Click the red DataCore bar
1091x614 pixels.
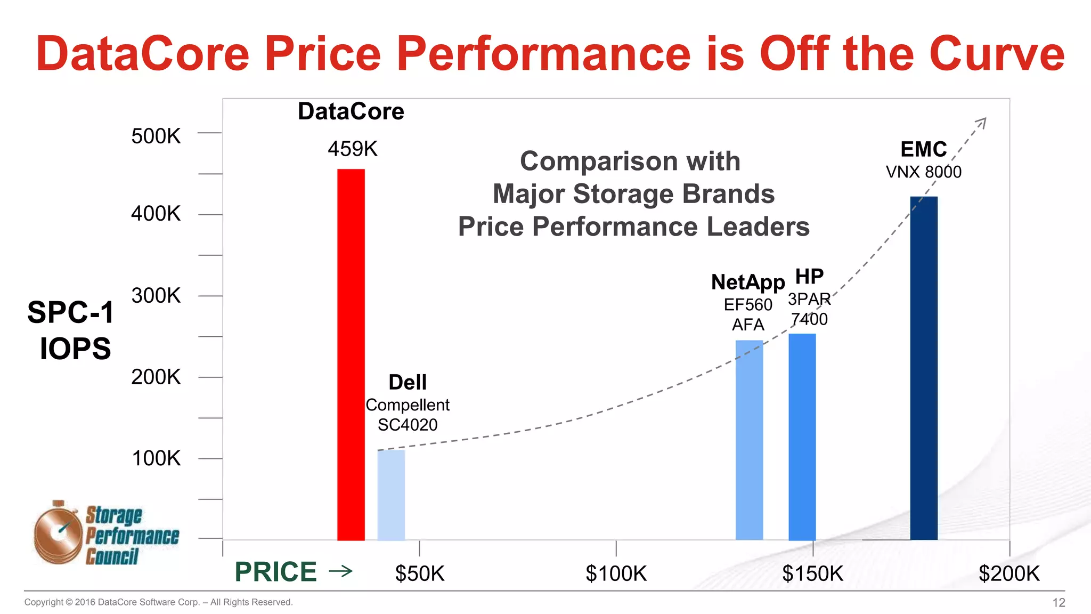(x=351, y=354)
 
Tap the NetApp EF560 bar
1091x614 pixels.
(x=749, y=440)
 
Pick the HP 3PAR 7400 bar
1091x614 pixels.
(x=802, y=437)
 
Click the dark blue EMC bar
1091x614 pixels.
(x=923, y=368)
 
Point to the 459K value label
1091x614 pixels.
(x=352, y=149)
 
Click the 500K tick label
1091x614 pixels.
(x=156, y=136)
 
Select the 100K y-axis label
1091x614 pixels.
(x=156, y=458)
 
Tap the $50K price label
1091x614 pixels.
(x=419, y=573)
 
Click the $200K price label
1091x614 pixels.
(x=1008, y=573)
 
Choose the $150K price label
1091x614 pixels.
(x=812, y=573)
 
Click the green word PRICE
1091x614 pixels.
(x=275, y=572)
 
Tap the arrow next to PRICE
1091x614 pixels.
(x=341, y=571)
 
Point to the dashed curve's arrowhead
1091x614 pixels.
(x=982, y=123)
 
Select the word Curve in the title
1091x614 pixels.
(x=996, y=53)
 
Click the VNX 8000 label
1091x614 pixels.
(x=923, y=172)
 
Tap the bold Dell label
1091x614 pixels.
(x=408, y=382)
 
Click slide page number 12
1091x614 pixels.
(x=1058, y=602)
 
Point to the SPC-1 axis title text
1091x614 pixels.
(x=70, y=312)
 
